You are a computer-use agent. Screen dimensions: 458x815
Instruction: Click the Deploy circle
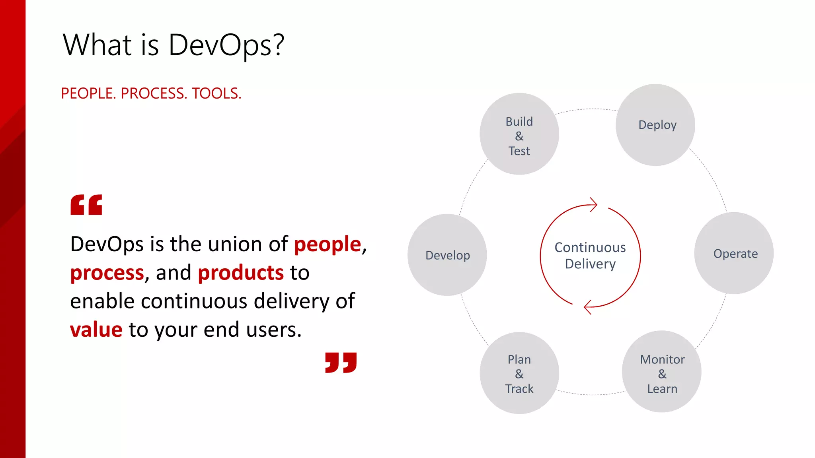coord(655,125)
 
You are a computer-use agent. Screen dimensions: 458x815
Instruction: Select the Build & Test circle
coord(519,134)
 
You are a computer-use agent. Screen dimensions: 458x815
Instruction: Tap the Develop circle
coord(447,255)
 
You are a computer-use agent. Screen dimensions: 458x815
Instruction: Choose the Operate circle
coord(734,253)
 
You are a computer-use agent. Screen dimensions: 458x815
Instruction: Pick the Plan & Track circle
coord(519,373)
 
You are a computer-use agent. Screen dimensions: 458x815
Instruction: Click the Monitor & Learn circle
coord(661,372)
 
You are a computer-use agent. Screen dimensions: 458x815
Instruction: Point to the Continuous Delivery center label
coord(590,256)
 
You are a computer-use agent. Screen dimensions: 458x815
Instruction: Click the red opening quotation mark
coord(86,205)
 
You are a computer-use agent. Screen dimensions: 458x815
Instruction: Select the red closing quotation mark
coord(341,362)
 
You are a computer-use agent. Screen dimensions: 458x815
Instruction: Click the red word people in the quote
coord(327,244)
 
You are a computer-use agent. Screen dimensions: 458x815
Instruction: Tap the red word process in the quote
coord(107,273)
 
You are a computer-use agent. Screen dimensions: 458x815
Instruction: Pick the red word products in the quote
coord(240,273)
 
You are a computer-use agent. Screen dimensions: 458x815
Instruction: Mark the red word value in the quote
coord(96,330)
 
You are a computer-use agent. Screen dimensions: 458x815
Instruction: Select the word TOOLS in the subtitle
coord(216,93)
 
